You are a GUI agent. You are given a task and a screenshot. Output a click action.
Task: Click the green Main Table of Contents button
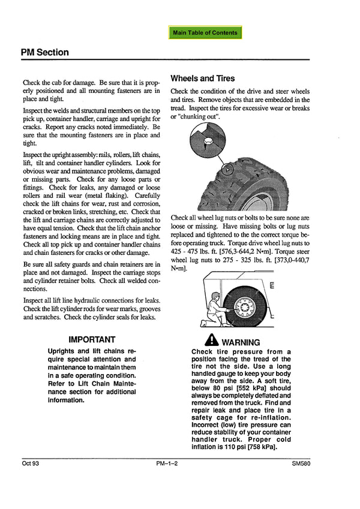[x=205, y=32]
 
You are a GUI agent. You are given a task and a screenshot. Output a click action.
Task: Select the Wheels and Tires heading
[x=203, y=79]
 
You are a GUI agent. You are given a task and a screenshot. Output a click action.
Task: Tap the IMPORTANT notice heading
[x=92, y=340]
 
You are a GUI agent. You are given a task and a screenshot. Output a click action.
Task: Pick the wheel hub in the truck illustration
[x=245, y=307]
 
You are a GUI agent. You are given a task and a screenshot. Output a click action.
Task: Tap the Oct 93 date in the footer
[x=30, y=463]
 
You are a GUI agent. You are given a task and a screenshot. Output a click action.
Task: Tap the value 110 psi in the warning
[x=232, y=447]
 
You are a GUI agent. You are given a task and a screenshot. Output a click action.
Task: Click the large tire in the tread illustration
[x=258, y=180]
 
